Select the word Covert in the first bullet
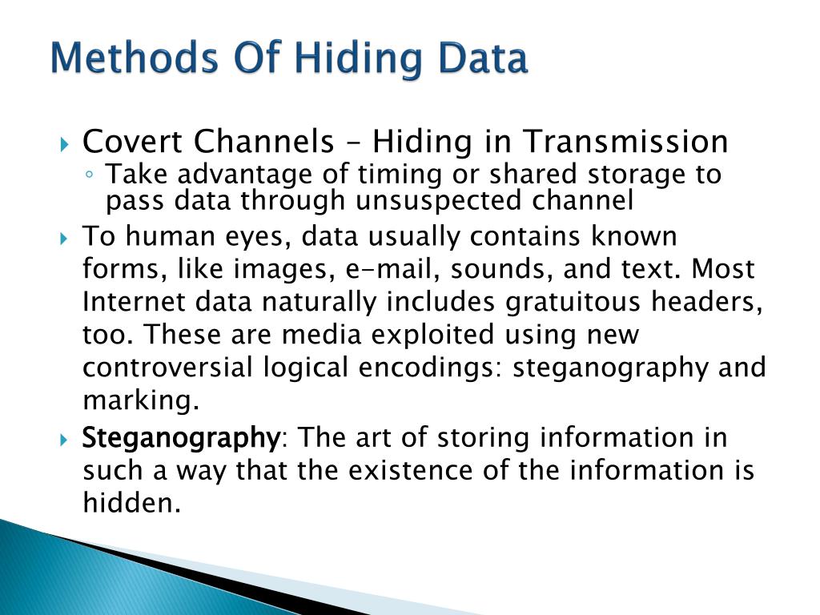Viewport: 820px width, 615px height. (x=129, y=143)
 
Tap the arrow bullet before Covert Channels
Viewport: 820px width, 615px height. (x=66, y=145)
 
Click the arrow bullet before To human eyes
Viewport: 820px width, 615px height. (x=66, y=239)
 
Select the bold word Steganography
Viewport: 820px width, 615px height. (x=180, y=439)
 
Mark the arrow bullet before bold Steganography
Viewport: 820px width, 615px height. (x=66, y=440)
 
